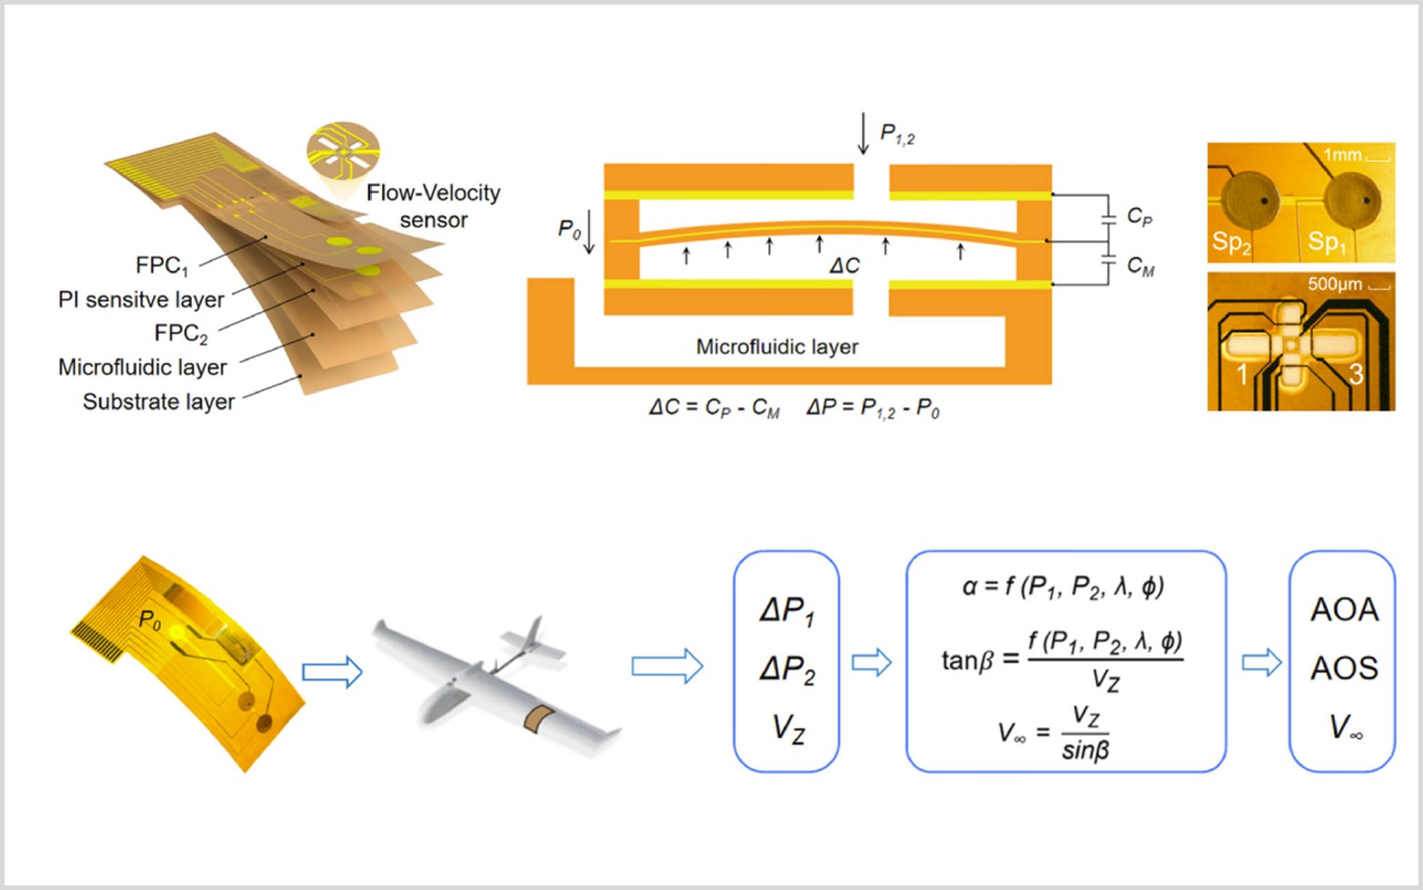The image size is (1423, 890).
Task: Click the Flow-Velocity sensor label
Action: [x=433, y=206]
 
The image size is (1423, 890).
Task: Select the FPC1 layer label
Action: [x=161, y=265]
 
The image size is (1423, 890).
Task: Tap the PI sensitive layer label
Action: [x=141, y=300]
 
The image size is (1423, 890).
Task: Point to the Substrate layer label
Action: [x=158, y=402]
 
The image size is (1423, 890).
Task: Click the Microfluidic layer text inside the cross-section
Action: [x=777, y=346]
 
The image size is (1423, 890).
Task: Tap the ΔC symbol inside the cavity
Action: [x=844, y=265]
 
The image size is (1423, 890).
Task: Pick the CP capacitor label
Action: [x=1138, y=216]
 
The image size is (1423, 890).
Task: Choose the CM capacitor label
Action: [x=1140, y=265]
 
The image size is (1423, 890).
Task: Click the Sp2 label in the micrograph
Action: [x=1230, y=243]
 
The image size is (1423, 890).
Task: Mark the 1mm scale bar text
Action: [x=1342, y=155]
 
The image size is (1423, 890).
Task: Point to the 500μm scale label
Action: [x=1334, y=285]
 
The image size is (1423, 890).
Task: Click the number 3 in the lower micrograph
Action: [x=1356, y=374]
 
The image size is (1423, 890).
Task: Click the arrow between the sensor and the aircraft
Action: [x=332, y=672]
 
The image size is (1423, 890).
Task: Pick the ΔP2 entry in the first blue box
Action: [x=787, y=670]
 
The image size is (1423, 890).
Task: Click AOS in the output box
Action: [x=1343, y=668]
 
